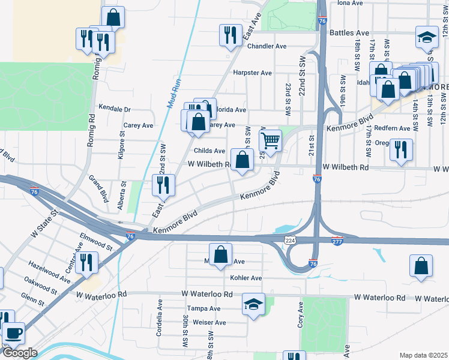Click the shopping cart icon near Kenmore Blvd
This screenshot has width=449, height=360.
[271, 141]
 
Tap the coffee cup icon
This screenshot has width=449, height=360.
[13, 332]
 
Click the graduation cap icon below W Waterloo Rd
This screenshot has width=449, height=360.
[253, 304]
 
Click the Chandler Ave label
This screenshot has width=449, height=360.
[267, 46]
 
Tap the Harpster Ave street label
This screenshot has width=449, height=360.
[253, 73]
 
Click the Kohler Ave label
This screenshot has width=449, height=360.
[246, 278]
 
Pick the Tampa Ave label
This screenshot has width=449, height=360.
[203, 308]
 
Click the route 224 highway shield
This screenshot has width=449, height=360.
[291, 240]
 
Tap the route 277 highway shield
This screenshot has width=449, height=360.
[337, 241]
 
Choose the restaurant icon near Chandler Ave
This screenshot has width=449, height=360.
[230, 35]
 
